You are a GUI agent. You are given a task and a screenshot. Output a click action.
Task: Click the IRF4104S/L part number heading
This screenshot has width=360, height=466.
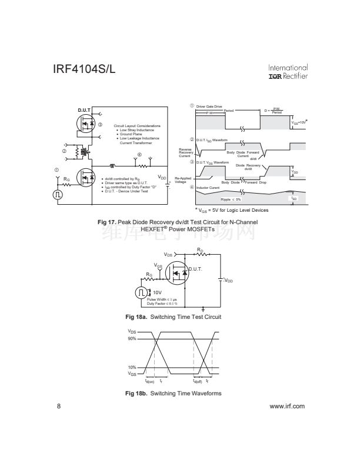[x=84, y=69]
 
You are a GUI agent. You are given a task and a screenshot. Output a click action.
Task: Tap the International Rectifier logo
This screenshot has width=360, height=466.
[x=288, y=72]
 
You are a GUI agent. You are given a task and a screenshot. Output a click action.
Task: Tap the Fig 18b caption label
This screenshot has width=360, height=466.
[x=137, y=394]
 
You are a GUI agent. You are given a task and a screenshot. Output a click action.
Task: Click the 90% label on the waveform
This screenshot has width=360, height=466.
[x=132, y=339]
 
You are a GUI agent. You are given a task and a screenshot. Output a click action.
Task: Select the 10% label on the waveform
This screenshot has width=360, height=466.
[x=132, y=367]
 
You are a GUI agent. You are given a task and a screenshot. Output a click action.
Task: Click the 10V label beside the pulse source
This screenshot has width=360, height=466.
[x=157, y=291]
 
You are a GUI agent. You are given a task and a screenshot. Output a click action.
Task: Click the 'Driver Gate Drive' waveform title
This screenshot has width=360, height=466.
[x=209, y=106]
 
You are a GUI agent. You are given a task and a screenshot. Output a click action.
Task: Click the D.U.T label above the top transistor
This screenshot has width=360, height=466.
[x=84, y=111]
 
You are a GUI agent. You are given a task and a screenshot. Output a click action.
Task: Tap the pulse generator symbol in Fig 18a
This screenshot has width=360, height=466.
[x=142, y=292]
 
